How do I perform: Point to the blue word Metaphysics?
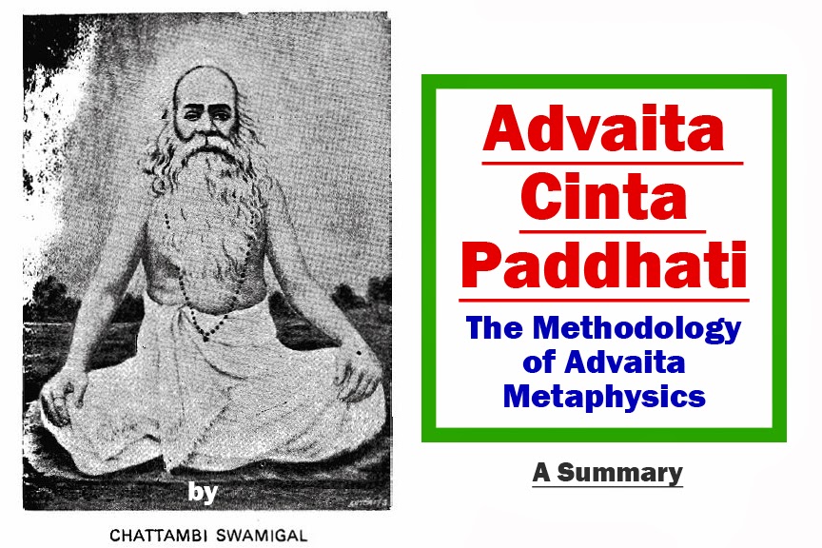(605, 395)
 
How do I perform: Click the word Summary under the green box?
(620, 472)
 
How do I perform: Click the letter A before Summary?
(541, 472)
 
